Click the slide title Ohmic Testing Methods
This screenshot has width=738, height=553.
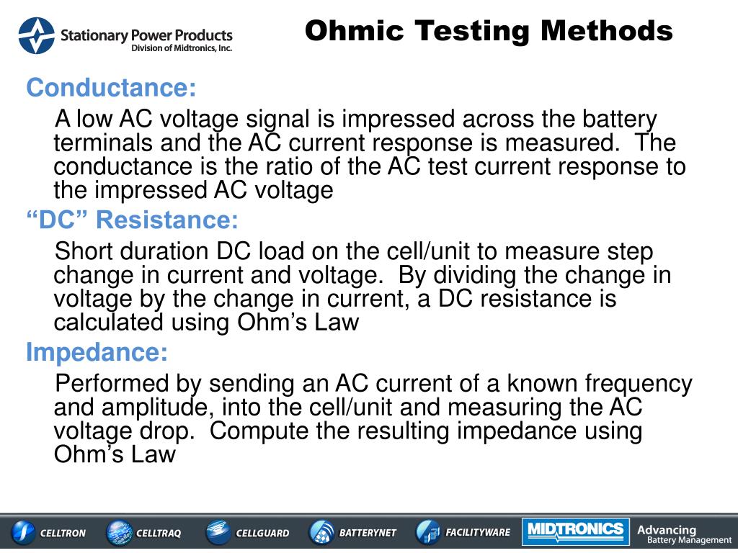point(488,31)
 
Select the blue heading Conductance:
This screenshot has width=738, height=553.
point(111,89)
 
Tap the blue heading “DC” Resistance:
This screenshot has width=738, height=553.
point(132,220)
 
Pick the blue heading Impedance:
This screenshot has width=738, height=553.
point(97,353)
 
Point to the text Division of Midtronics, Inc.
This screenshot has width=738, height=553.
point(181,48)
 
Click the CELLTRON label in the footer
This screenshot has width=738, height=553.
point(62,534)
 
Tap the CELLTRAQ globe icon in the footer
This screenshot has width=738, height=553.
point(119,533)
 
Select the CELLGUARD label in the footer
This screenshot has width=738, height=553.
point(262,534)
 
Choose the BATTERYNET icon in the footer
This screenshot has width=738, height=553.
point(321,533)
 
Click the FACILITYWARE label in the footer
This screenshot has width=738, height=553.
point(478,533)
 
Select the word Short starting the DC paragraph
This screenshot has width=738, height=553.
point(84,252)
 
